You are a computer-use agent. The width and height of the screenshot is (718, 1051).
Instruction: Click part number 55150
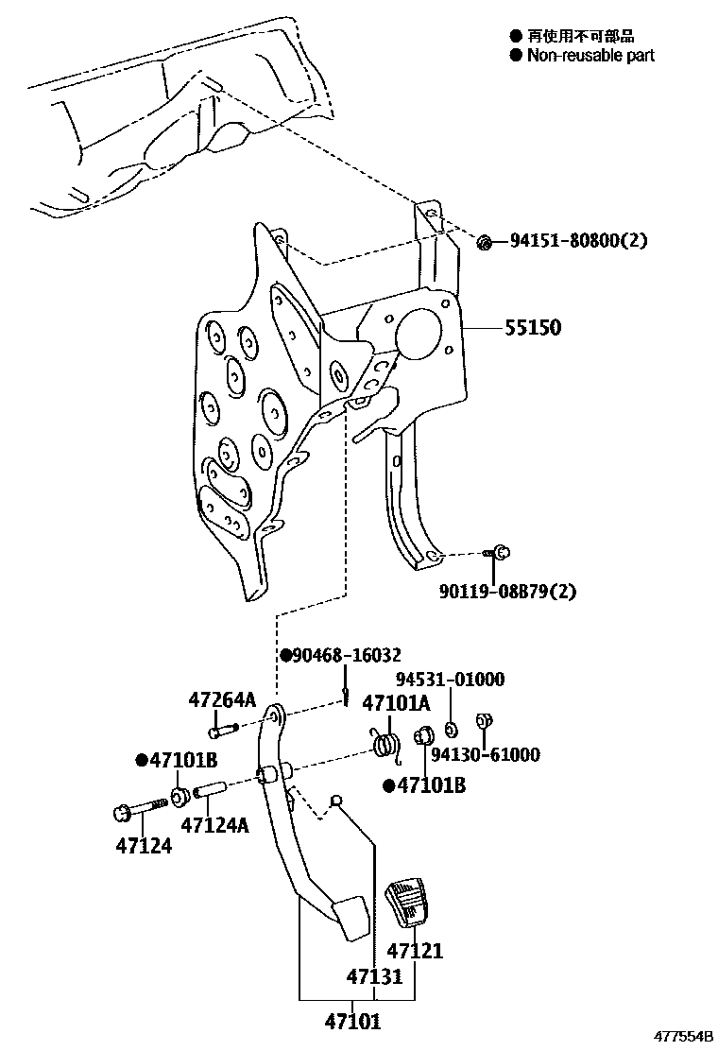pos(532,328)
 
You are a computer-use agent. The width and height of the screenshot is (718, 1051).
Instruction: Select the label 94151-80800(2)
pos(578,241)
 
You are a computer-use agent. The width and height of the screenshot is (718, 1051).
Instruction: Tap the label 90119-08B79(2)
pos(507,592)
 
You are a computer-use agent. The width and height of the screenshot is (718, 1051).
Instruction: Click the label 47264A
pos(220,700)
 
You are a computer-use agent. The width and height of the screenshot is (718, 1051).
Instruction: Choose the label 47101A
pos(396,703)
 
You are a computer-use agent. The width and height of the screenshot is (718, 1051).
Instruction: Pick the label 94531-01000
pos(450,680)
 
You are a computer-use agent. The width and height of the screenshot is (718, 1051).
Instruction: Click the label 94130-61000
pos(485,754)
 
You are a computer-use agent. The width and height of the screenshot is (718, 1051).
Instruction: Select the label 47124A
pos(214,825)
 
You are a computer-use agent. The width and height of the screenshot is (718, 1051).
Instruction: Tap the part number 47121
pos(415,951)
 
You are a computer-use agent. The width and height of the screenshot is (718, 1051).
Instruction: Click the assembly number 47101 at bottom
pos(352,1021)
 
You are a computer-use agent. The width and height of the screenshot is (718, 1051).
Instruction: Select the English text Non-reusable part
pos(590,56)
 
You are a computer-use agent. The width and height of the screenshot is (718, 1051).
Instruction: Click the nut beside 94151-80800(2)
pos(483,242)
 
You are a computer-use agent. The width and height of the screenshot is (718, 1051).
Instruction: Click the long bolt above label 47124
pos(142,808)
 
